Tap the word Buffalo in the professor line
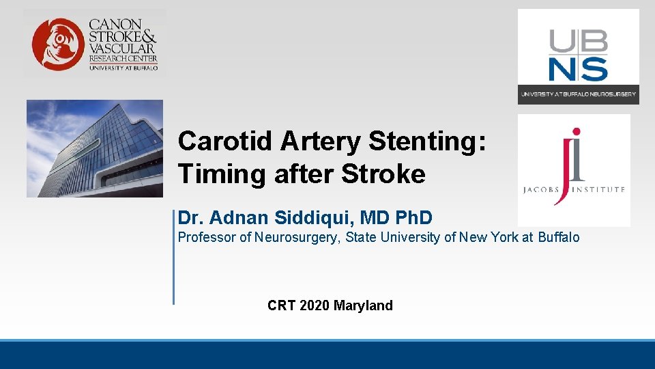559,238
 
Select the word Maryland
363,305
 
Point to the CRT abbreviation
280,305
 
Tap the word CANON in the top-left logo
115,24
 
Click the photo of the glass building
95,148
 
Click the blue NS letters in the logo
579,70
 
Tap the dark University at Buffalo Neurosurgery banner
578,94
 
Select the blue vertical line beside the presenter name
173,256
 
